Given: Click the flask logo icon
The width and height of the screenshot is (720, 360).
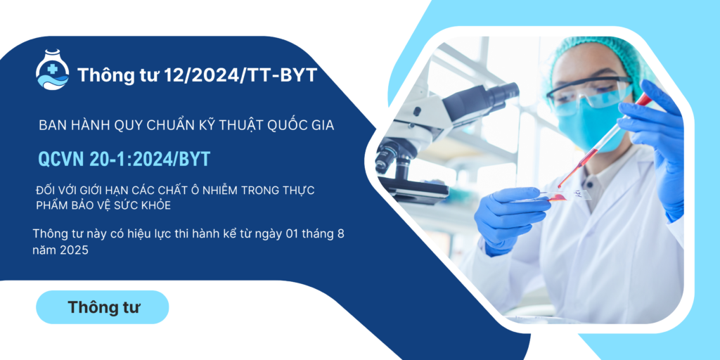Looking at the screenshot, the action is (52, 70).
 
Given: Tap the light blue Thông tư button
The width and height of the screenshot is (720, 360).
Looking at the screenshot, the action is (103, 307).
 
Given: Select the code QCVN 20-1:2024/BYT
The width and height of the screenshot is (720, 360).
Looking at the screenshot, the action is (124, 159).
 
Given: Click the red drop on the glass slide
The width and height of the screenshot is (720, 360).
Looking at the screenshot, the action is (557, 198).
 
